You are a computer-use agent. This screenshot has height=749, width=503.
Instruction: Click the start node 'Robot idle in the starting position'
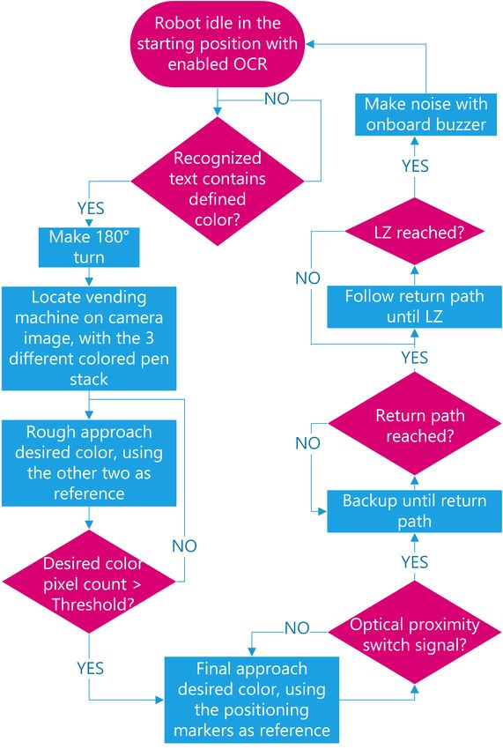pos(218,43)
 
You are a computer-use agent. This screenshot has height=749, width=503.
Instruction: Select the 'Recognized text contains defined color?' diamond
pos(218,181)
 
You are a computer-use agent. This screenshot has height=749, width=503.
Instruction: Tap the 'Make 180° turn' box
pos(89,247)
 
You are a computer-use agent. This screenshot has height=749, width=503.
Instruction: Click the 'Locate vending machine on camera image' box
pos(89,338)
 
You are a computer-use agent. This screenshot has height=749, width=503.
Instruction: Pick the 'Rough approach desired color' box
pos(89,463)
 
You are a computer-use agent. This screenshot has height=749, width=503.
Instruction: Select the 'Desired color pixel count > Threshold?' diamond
pos(89,582)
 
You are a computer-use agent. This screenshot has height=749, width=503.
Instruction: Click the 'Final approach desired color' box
pos(252,700)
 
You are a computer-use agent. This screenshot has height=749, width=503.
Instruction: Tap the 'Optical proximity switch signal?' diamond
pos(414,632)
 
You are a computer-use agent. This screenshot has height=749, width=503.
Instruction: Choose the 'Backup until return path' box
pos(414,511)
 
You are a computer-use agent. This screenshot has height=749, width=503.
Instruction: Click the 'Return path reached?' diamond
pos(414,424)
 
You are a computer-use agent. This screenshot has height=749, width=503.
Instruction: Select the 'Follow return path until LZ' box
pos(414,307)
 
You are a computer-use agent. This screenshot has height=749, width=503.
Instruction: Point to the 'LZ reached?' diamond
pos(414,232)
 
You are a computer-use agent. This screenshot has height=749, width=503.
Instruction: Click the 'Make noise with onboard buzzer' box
pos(425,115)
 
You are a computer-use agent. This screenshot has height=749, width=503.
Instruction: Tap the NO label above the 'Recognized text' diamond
pos(277,99)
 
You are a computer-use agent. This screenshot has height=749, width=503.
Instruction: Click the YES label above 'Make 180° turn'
pos(91,208)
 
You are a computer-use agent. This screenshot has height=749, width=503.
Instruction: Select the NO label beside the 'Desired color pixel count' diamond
pos(184,545)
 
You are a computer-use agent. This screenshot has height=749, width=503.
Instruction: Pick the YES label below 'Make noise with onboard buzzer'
pos(415,166)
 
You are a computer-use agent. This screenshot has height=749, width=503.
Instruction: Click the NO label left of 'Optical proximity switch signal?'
pos(297,627)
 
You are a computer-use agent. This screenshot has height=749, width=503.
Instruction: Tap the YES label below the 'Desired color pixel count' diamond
pos(90,668)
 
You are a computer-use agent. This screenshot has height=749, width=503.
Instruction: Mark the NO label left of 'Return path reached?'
pos(307,443)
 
